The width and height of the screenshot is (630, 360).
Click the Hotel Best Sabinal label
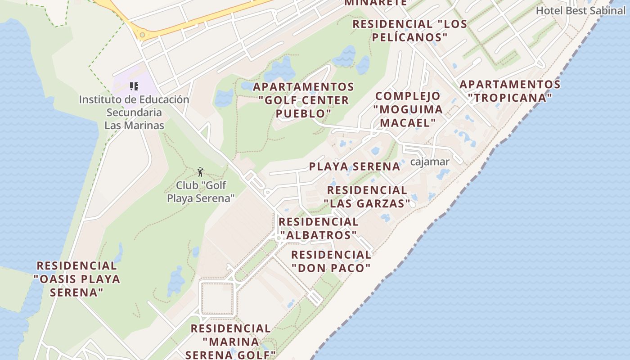[x=580, y=10]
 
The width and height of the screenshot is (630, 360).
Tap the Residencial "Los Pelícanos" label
[x=409, y=30]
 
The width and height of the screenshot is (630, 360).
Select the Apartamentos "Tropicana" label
[x=510, y=91]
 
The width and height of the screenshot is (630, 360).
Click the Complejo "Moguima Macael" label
[x=408, y=109]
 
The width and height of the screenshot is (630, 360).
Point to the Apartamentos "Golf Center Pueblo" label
[x=304, y=100]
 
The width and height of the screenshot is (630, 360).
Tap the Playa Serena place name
[x=355, y=166]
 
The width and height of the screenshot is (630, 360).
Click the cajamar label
[x=430, y=162]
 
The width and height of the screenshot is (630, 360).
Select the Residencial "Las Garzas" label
[x=367, y=197]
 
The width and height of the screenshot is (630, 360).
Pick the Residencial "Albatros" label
[x=318, y=229]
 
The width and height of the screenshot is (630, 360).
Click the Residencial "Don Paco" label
[x=331, y=261]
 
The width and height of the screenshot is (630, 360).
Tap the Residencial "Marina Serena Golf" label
[x=230, y=342]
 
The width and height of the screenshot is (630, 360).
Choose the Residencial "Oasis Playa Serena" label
[x=77, y=279]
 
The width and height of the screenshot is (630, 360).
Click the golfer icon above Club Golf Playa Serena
[x=201, y=172]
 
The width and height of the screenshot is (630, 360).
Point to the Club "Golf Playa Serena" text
[x=201, y=192]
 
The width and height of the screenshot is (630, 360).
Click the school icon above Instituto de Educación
[x=134, y=86]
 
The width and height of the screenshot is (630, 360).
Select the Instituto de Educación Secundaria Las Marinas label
[x=134, y=112]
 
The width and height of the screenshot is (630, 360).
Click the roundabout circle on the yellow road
[x=143, y=35]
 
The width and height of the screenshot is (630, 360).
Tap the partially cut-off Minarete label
[x=376, y=3]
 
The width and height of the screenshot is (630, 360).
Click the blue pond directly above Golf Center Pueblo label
[x=280, y=70]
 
